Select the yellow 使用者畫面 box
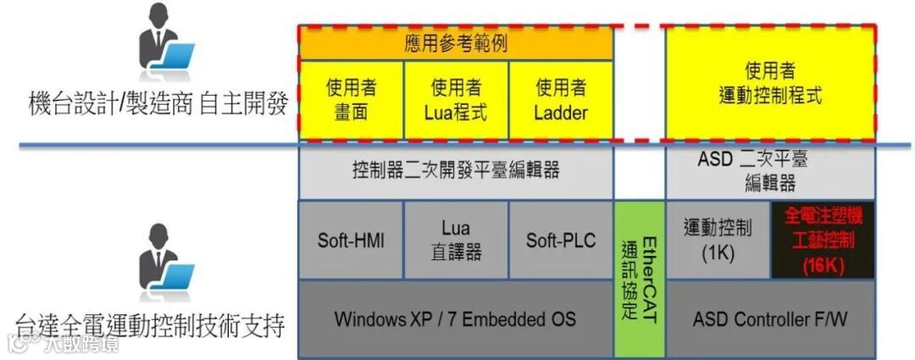coord(351,100)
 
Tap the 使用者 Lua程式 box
coord(456,100)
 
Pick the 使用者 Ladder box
coord(561,100)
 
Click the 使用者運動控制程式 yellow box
coord(770,82)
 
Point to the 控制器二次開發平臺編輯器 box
coord(456,170)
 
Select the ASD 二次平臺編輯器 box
coord(770,170)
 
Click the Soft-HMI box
coord(351,240)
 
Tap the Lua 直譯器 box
coord(456,240)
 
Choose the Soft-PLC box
coord(561,240)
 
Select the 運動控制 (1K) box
coord(718,240)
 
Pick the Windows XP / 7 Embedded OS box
coord(456,319)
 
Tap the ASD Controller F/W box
coord(770,319)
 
